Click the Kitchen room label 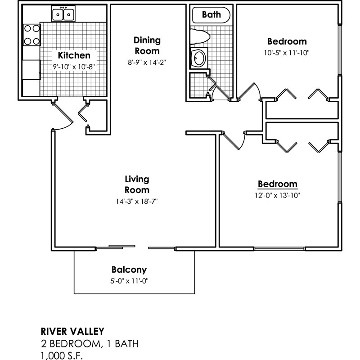click(x=74, y=56)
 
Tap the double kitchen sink click(x=63, y=15)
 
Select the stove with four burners click(x=31, y=35)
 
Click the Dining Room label click(x=147, y=45)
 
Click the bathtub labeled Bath click(x=211, y=15)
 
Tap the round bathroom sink click(x=199, y=58)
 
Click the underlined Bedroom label click(x=277, y=184)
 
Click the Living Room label click(x=137, y=184)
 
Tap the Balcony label click(x=129, y=270)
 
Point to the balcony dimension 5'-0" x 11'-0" click(x=129, y=281)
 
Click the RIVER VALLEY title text click(x=72, y=332)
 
